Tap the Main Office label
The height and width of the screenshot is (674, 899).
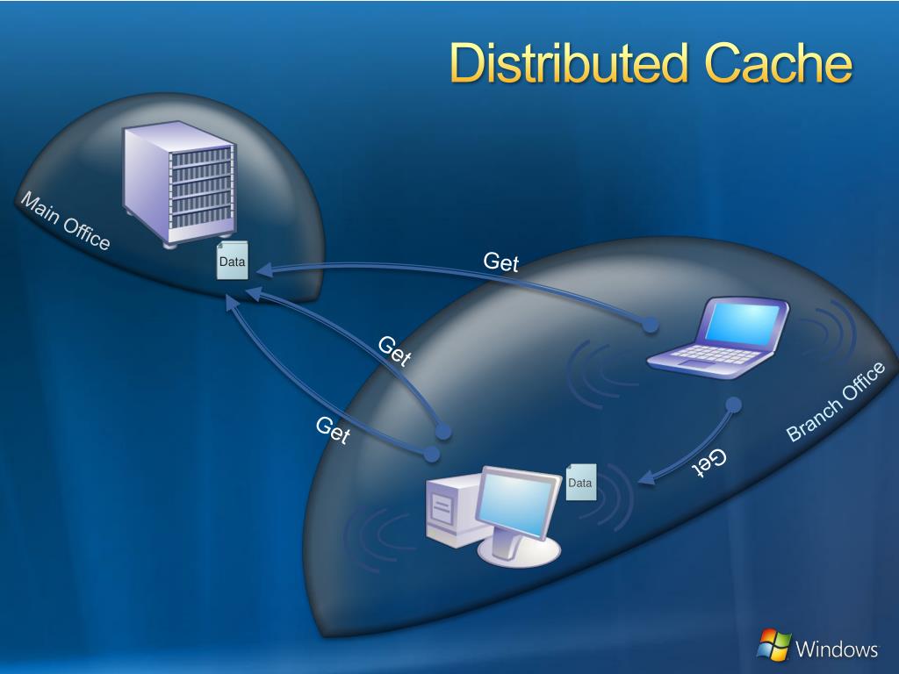[65, 221]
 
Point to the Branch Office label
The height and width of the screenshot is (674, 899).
[835, 402]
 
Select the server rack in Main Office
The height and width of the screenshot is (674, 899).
[180, 183]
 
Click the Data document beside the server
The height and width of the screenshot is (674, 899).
[233, 262]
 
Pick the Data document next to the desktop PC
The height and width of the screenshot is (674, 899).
[580, 482]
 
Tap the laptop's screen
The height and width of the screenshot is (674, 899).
[743, 321]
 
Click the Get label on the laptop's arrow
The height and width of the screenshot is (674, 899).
[501, 262]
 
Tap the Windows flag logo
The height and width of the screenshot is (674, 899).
[773, 645]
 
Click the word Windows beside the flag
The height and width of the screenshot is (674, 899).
[837, 649]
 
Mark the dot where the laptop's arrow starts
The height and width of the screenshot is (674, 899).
[650, 325]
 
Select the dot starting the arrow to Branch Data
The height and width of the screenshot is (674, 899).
[734, 405]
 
